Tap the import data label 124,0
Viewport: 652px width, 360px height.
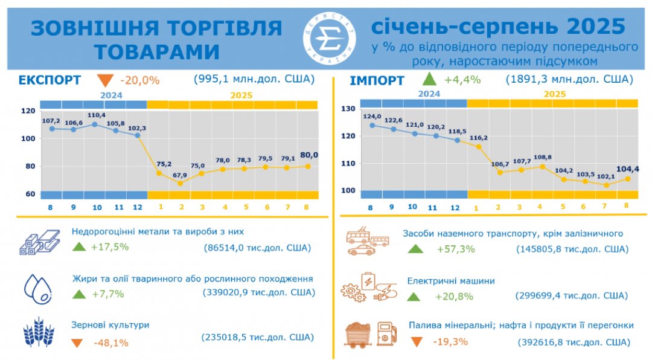pyautogui.click(x=372, y=115)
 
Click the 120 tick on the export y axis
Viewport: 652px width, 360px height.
pyautogui.click(x=27, y=111)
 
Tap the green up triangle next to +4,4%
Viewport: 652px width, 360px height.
pyautogui.click(x=429, y=79)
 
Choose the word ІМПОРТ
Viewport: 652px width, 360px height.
pyautogui.click(x=377, y=80)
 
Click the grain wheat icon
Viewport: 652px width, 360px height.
pyautogui.click(x=39, y=332)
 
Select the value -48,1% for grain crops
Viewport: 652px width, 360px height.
pyautogui.click(x=111, y=343)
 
